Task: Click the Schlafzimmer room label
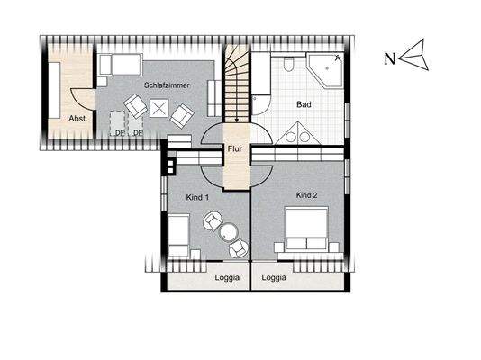pyautogui.click(x=167, y=85)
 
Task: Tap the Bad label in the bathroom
pyautogui.click(x=304, y=104)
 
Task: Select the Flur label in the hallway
pyautogui.click(x=235, y=148)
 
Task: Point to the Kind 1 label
pyautogui.click(x=197, y=198)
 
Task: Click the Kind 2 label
pyautogui.click(x=307, y=195)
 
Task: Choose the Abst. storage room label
pyautogui.click(x=78, y=119)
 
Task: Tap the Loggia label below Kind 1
pyautogui.click(x=227, y=277)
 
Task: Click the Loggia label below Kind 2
pyautogui.click(x=274, y=277)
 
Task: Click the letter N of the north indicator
pyautogui.click(x=390, y=58)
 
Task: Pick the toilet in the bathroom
pyautogui.click(x=288, y=64)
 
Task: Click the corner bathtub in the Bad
pyautogui.click(x=325, y=71)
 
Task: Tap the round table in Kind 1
pyautogui.click(x=229, y=231)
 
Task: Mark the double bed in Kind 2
pyautogui.click(x=306, y=229)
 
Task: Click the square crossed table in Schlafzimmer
pyautogui.click(x=159, y=108)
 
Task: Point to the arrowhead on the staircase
pyautogui.click(x=237, y=120)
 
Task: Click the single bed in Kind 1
pyautogui.click(x=178, y=235)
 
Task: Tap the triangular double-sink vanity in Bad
pyautogui.click(x=297, y=133)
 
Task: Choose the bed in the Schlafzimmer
pyautogui.click(x=121, y=65)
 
